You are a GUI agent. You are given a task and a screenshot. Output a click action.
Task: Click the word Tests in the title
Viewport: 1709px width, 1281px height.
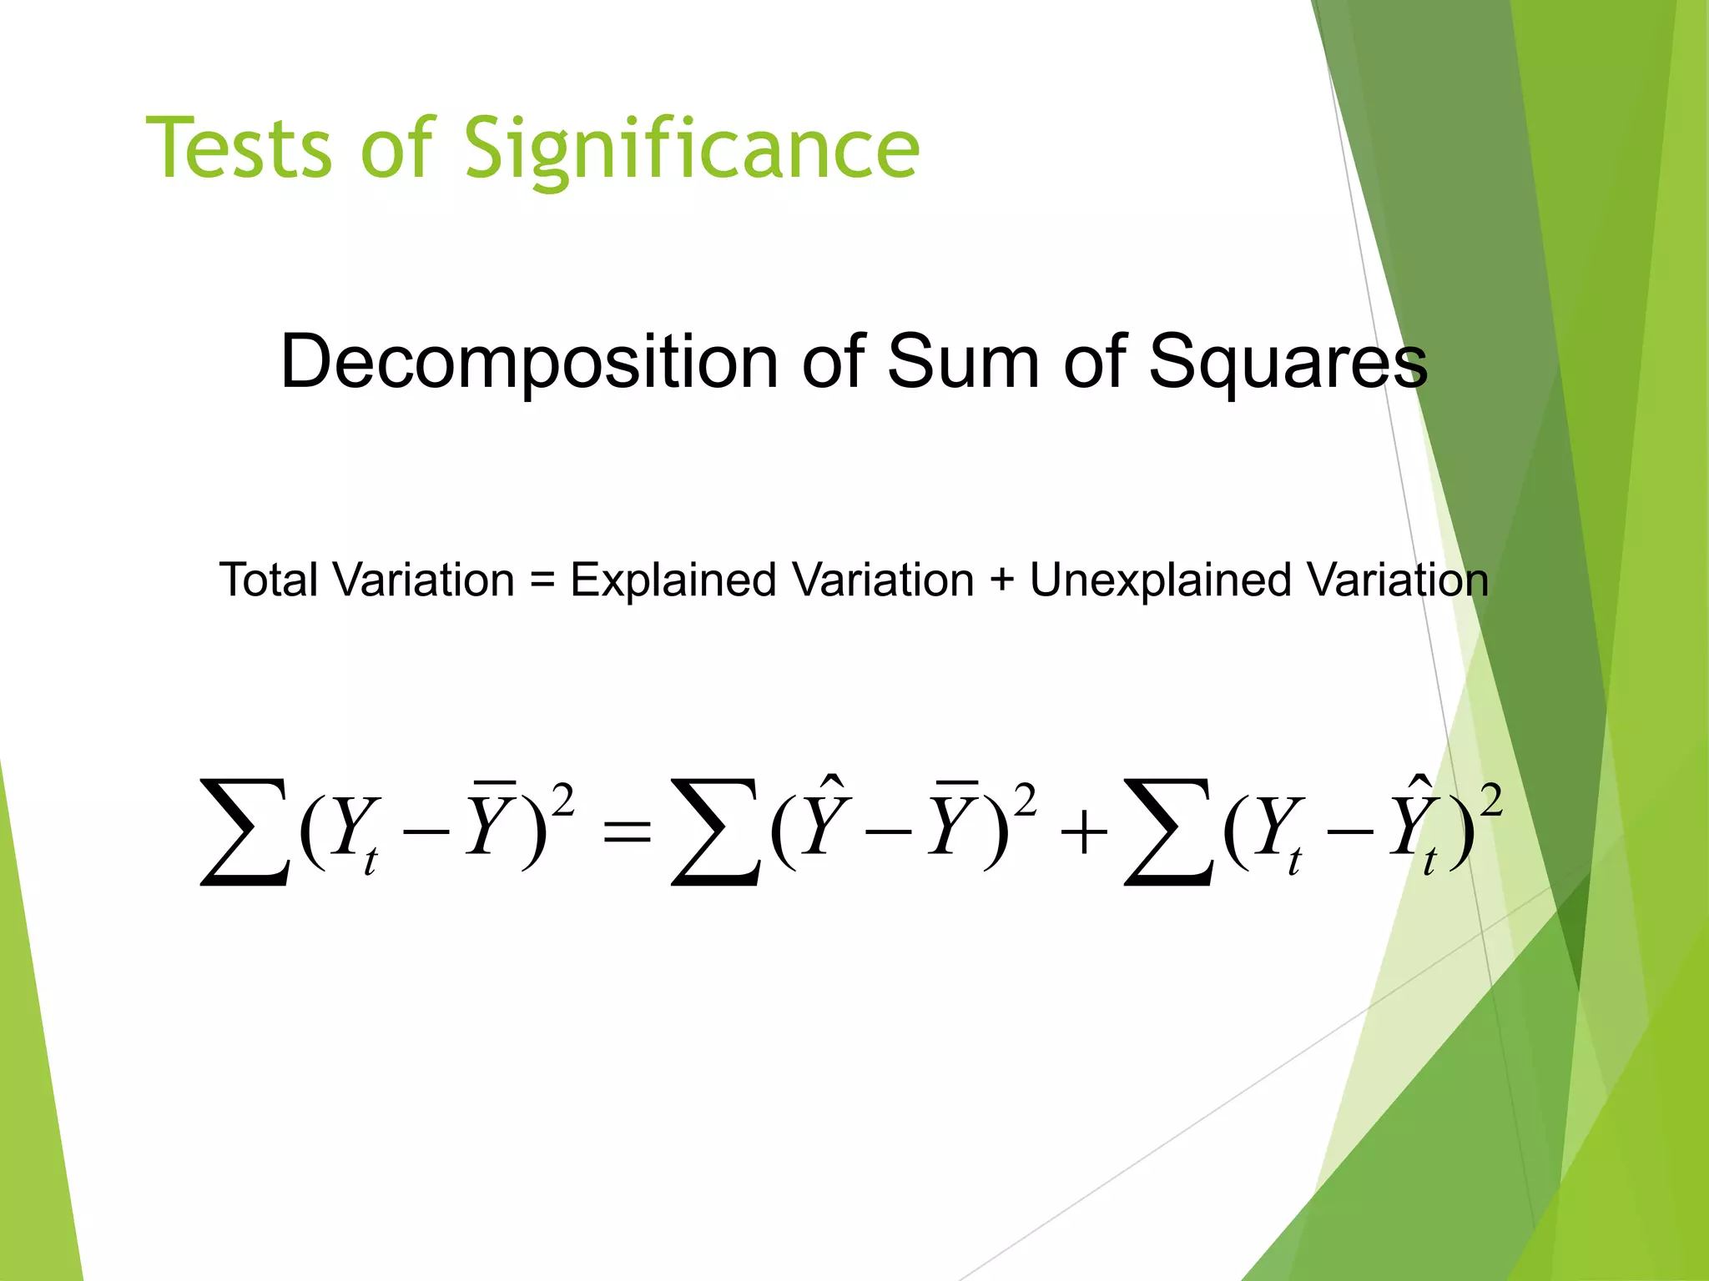coord(239,148)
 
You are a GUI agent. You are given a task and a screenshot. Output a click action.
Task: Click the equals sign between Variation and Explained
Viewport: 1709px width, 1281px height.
coord(542,581)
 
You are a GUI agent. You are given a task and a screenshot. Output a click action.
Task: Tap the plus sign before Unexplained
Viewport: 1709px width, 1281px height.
coord(1001,581)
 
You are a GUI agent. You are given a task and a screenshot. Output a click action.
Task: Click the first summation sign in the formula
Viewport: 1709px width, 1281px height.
coord(245,831)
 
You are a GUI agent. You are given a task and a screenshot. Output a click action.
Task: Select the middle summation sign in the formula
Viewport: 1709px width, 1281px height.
coord(716,831)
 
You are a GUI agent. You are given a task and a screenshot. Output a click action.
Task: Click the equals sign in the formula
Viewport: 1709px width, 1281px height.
coord(626,831)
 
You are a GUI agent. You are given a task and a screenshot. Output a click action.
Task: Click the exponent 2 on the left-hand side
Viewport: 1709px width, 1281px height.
coord(563,802)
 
